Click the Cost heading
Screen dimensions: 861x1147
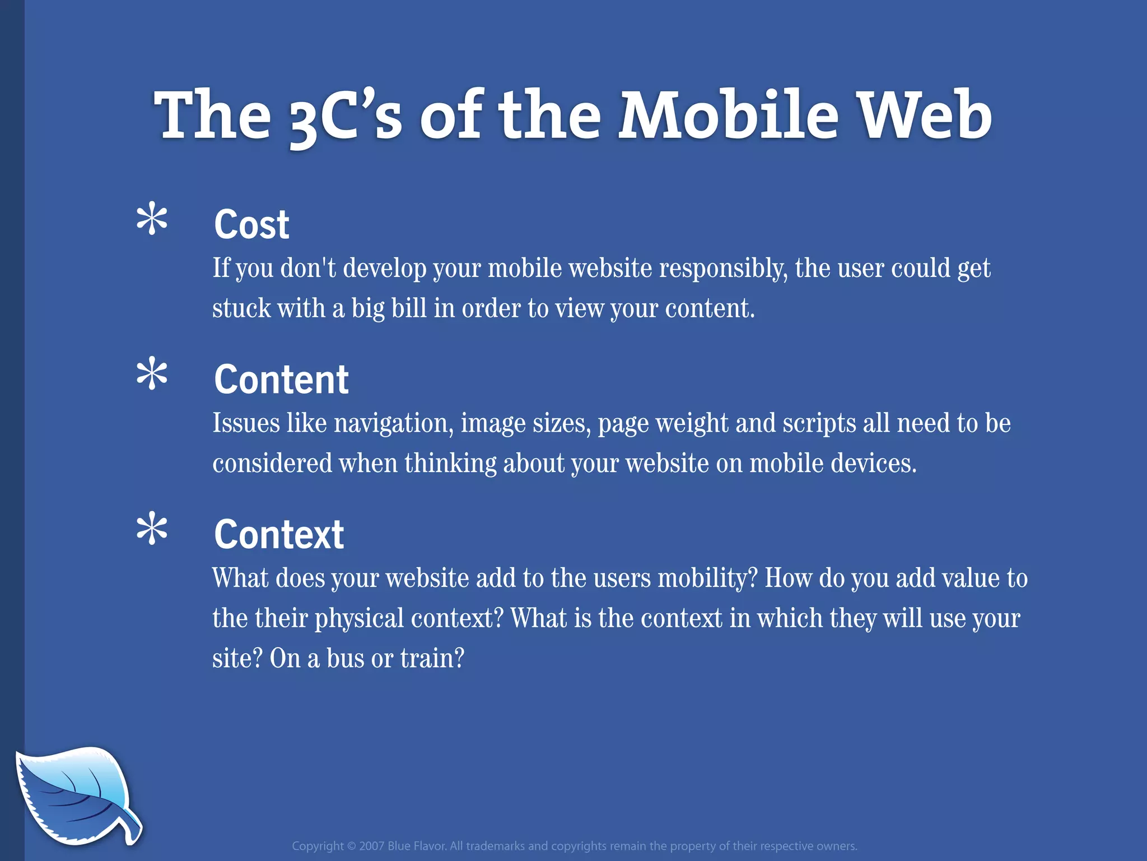click(x=251, y=224)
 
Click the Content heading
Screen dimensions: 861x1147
click(x=281, y=379)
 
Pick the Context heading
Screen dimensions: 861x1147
click(x=278, y=534)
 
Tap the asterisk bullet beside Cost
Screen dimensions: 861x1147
click(x=152, y=220)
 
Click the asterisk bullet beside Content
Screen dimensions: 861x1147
click(x=152, y=375)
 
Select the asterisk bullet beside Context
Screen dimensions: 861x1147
click(x=152, y=530)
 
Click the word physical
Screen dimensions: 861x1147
click(x=359, y=619)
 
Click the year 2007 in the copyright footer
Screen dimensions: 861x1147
click(x=371, y=846)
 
